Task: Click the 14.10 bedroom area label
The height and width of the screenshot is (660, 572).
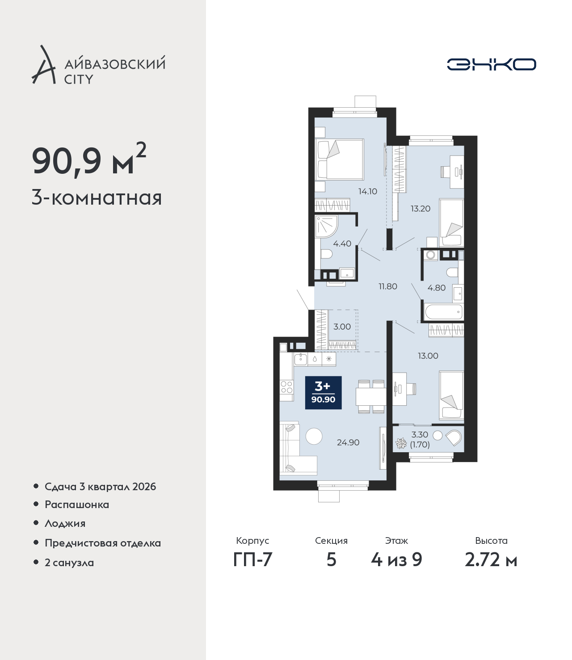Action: [368, 192]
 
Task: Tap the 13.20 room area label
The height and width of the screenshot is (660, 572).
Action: [421, 209]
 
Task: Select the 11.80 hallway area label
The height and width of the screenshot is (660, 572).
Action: [388, 286]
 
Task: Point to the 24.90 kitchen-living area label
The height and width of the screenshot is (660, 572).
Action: [348, 442]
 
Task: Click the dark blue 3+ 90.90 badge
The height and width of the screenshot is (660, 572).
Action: [324, 393]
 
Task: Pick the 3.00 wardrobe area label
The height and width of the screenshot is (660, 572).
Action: [342, 327]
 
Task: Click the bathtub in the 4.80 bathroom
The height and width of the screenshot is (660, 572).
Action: [443, 311]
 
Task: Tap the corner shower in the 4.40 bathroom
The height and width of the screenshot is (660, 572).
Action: [327, 227]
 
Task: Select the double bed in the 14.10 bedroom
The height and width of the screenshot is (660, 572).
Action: [339, 159]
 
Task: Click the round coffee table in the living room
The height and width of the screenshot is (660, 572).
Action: [314, 436]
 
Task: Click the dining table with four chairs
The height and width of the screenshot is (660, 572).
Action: [371, 397]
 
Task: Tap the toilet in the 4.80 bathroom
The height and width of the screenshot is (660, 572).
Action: [452, 273]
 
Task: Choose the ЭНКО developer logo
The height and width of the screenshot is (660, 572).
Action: [492, 64]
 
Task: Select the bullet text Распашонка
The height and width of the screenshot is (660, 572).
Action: [77, 504]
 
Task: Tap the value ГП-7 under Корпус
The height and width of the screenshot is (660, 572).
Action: [252, 560]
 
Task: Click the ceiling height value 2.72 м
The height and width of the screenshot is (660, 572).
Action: [491, 560]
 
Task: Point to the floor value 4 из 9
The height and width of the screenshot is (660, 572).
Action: [396, 560]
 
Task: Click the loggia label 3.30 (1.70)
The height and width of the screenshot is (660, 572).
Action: [420, 440]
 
